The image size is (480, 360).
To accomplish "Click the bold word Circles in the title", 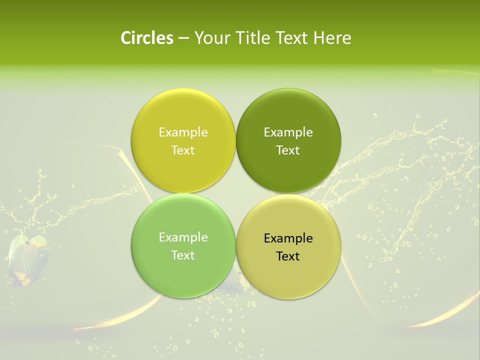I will (x=146, y=38).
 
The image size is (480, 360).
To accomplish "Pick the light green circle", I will (x=183, y=270).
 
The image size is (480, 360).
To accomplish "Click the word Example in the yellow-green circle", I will (x=183, y=132).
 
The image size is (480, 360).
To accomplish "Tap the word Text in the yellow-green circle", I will (x=183, y=150).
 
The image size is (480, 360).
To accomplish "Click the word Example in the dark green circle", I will (x=288, y=132).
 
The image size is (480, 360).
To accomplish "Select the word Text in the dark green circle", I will (x=288, y=150).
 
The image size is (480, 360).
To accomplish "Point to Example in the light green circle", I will (x=183, y=237).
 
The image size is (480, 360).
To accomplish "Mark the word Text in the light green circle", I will (x=183, y=255).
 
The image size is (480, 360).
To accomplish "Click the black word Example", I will (x=288, y=238).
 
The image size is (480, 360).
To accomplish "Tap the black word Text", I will (x=288, y=256).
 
